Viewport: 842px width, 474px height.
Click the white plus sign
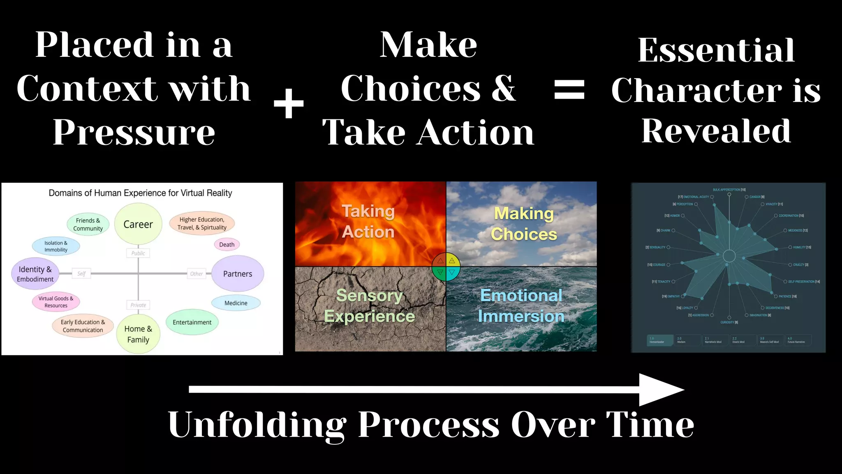click(289, 103)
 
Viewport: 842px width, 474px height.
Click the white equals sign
click(569, 90)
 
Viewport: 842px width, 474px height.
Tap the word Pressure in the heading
click(134, 132)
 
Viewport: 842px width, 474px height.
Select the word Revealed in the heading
click(716, 131)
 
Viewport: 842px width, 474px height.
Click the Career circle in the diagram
click(138, 224)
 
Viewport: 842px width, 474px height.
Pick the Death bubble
click(227, 244)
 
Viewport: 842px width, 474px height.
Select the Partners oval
click(238, 274)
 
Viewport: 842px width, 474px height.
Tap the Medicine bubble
click(236, 303)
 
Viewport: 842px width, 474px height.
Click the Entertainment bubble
click(192, 322)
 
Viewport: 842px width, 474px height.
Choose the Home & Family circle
click(138, 334)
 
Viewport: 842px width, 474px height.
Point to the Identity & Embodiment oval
click(35, 274)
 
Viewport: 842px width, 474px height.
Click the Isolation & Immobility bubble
click(56, 246)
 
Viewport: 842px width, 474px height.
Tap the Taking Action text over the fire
click(368, 221)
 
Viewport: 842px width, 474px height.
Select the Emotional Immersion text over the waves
click(521, 306)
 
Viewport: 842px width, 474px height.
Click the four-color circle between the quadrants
click(446, 267)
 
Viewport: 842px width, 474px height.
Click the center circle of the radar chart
click(729, 256)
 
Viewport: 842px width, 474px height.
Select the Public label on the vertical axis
click(138, 253)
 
